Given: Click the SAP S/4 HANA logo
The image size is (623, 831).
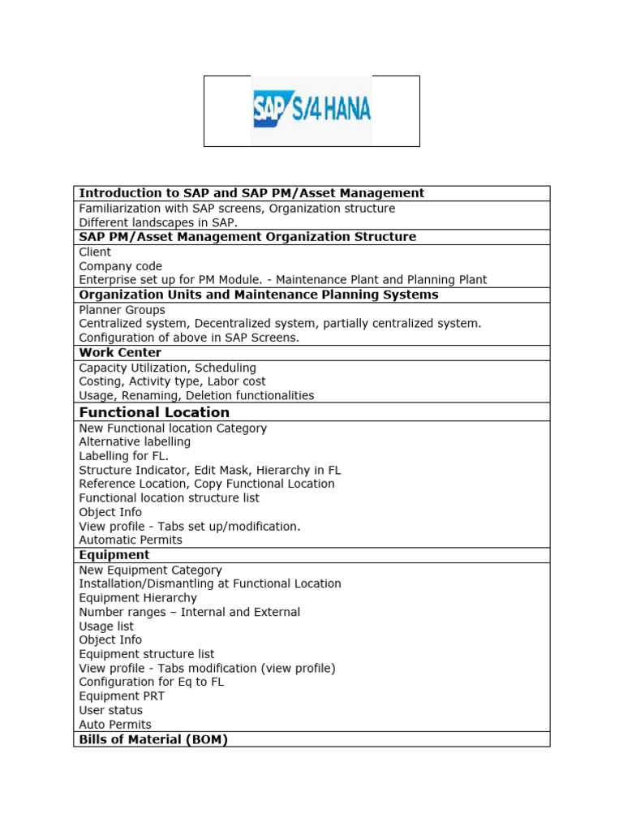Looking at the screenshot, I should pos(311,111).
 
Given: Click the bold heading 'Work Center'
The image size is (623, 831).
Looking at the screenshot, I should pos(120,353).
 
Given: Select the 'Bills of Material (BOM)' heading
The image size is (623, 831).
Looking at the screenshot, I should pos(153,739).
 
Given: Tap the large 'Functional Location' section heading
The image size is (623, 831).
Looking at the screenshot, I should pos(154,412).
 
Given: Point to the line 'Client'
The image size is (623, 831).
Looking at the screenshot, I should pos(95,252).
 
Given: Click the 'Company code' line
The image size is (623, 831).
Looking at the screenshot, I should pos(120,266).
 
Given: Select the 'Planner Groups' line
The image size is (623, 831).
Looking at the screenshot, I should pos(122,310).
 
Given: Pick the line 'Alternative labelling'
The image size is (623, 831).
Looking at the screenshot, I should pos(135,442).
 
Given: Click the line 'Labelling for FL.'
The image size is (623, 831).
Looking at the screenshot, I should pos(123,456).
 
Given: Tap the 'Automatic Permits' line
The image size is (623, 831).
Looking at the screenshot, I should pos(131,540).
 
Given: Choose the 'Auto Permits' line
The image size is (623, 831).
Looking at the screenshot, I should pos(115,725).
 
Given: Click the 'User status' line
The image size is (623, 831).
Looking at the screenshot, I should pos(110,710).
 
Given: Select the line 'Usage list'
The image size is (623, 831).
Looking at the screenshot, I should pos(106,626).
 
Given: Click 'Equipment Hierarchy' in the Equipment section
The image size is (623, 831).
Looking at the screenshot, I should pos(138,598).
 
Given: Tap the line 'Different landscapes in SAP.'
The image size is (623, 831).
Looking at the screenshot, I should pos(158,222).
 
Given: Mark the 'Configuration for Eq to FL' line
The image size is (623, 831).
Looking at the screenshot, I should pos(151,682).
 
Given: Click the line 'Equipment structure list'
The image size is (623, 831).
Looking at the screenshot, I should pos(147,654).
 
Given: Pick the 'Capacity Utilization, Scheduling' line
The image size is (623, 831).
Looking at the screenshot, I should pos(167,368).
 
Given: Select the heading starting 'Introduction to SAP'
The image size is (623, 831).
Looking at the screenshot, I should pos(251,193).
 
